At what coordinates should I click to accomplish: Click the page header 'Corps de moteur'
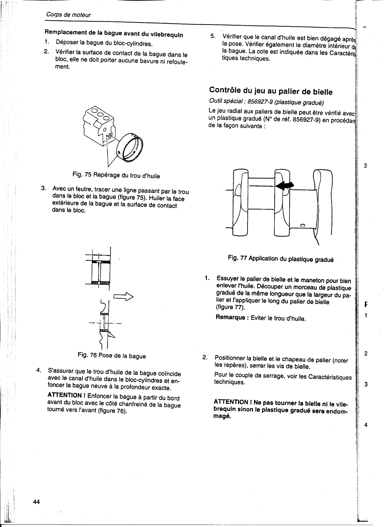[x=68, y=15]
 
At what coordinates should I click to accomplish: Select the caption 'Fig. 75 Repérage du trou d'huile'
[x=116, y=175]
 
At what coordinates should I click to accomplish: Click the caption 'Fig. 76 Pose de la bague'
[x=112, y=356]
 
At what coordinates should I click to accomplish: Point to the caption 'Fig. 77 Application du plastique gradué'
[x=280, y=259]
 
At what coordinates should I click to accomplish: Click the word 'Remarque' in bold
[x=231, y=317]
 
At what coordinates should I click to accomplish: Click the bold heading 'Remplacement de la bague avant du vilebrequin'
[x=114, y=34]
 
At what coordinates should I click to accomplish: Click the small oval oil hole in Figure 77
[x=303, y=225]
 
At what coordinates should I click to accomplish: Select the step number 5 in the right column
[x=212, y=36]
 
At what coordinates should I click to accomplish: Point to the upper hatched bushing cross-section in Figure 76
[x=101, y=261]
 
